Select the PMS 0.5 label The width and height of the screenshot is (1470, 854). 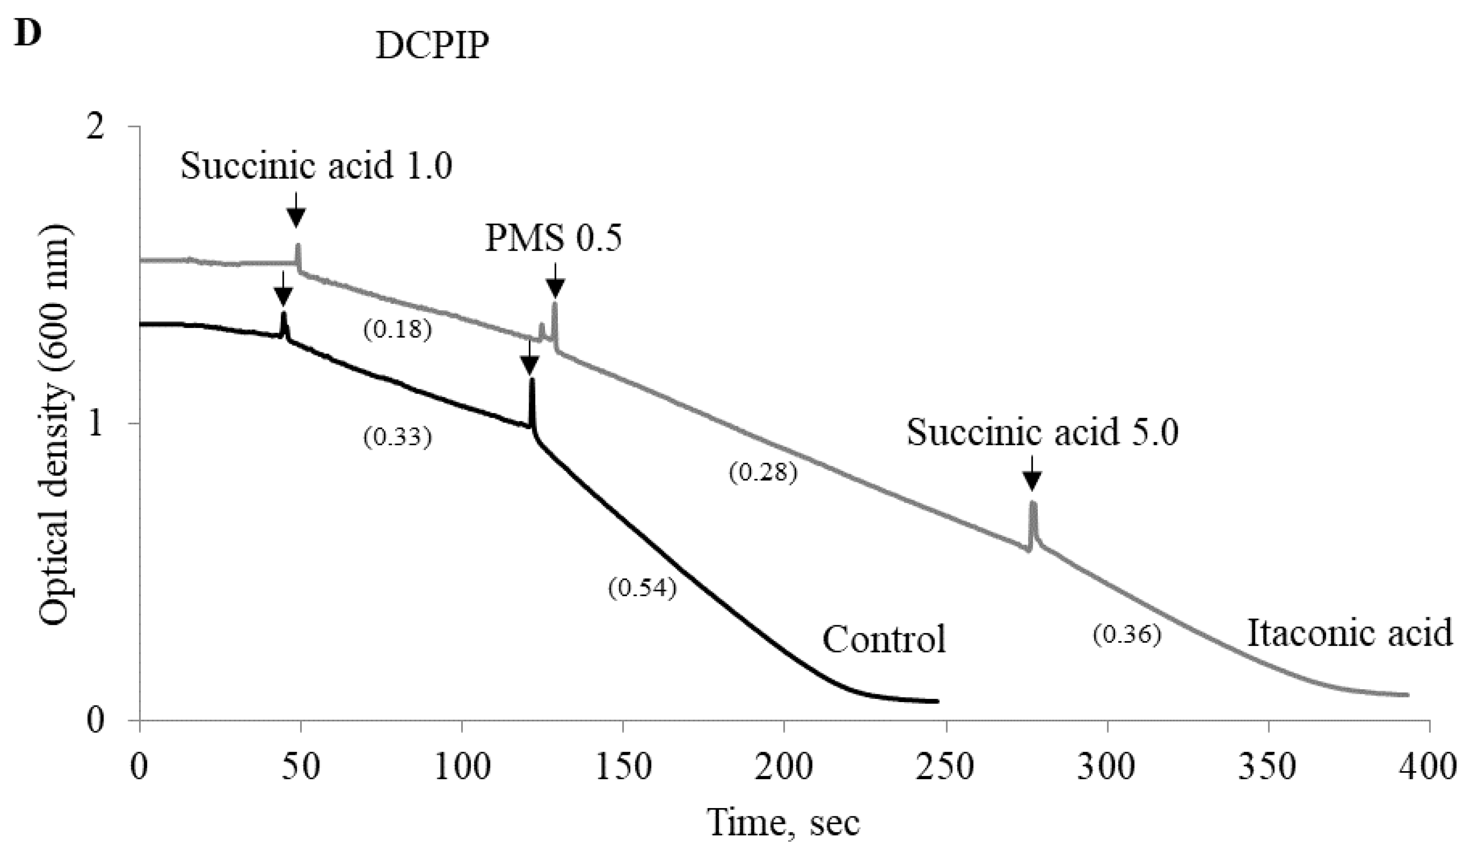pos(553,239)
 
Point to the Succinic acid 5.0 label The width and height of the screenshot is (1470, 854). pos(1042,433)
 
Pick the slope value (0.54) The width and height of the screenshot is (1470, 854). pos(642,588)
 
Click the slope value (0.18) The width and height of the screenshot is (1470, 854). pos(397,331)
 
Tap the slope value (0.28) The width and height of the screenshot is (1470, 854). pos(762,472)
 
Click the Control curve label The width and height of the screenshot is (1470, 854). pos(884,639)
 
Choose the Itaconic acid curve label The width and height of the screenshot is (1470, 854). pos(1349,633)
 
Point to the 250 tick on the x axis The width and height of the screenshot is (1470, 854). pos(945,768)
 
